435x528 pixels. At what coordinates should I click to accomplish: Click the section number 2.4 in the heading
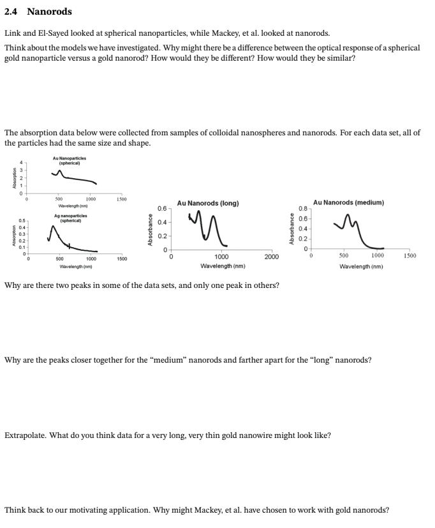pyautogui.click(x=12, y=11)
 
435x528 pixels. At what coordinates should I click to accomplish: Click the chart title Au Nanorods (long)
pyautogui.click(x=208, y=203)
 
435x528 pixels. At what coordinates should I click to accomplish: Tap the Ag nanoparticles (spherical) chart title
pyautogui.click(x=72, y=219)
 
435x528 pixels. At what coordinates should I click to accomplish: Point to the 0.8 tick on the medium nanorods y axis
pyautogui.click(x=303, y=208)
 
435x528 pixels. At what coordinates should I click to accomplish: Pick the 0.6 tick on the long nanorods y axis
pyautogui.click(x=162, y=209)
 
